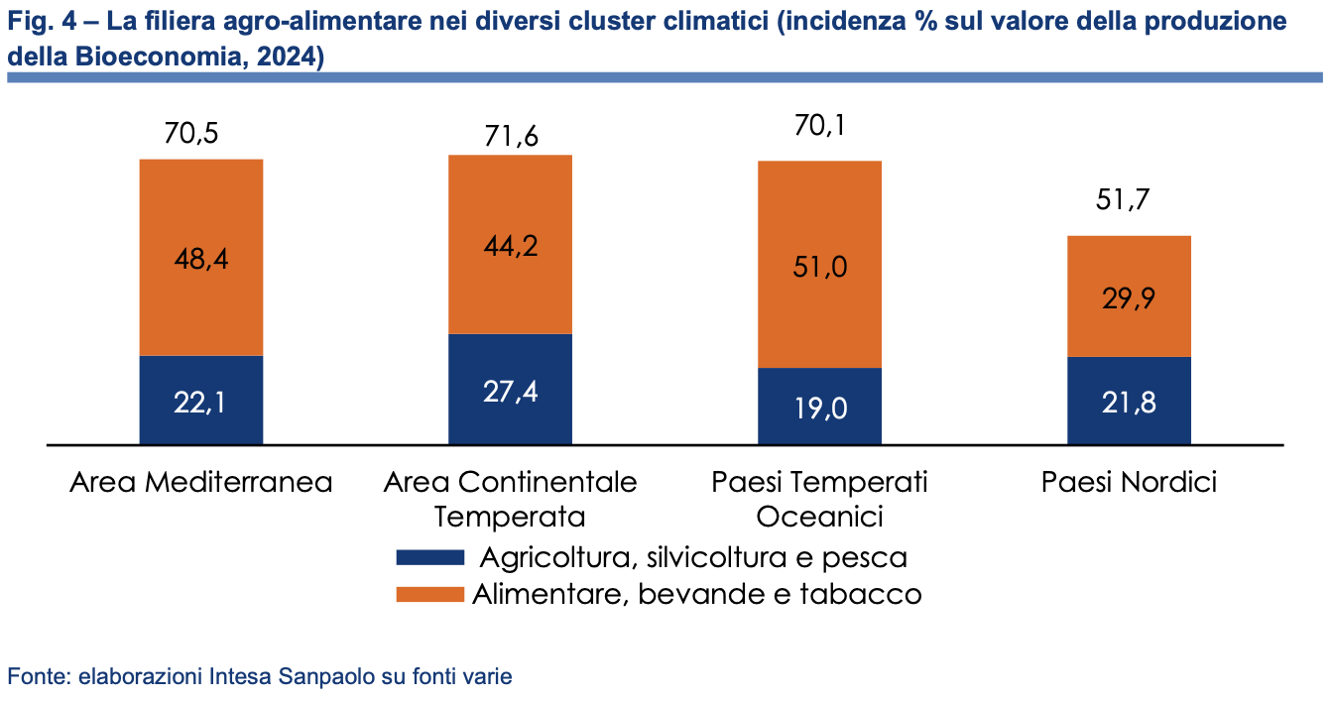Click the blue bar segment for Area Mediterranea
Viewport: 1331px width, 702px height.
point(200,400)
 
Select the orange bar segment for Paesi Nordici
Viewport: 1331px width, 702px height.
point(1129,295)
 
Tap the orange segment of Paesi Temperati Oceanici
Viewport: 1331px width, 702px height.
point(819,264)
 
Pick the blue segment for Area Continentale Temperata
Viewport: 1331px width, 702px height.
point(511,389)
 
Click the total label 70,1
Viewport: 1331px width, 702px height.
point(819,126)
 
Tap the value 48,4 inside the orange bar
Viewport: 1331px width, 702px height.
point(200,259)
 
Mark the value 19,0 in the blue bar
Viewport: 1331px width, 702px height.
point(819,408)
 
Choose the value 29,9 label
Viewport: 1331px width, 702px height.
point(1129,299)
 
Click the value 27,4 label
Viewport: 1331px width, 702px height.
point(511,391)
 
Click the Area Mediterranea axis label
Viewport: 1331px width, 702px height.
point(201,483)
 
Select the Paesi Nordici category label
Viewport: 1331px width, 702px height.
point(1129,483)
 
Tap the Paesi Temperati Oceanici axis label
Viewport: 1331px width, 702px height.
point(819,500)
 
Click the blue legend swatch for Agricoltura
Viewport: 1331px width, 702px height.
point(429,556)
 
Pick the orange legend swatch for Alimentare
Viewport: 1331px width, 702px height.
point(429,594)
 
